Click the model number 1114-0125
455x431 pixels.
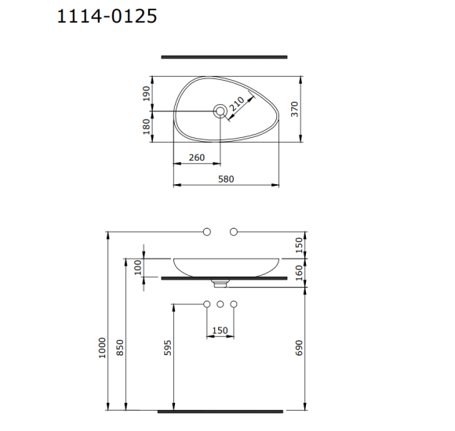point(107,16)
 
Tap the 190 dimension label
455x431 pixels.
point(147,93)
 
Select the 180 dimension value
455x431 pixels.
point(147,127)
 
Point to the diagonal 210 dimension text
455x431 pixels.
point(237,104)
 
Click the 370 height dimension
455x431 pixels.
point(294,109)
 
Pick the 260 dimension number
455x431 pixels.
point(197,158)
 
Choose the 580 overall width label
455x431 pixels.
point(226,179)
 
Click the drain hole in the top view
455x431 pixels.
point(220,111)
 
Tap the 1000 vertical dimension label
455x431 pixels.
point(102,348)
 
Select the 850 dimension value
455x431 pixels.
point(119,348)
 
